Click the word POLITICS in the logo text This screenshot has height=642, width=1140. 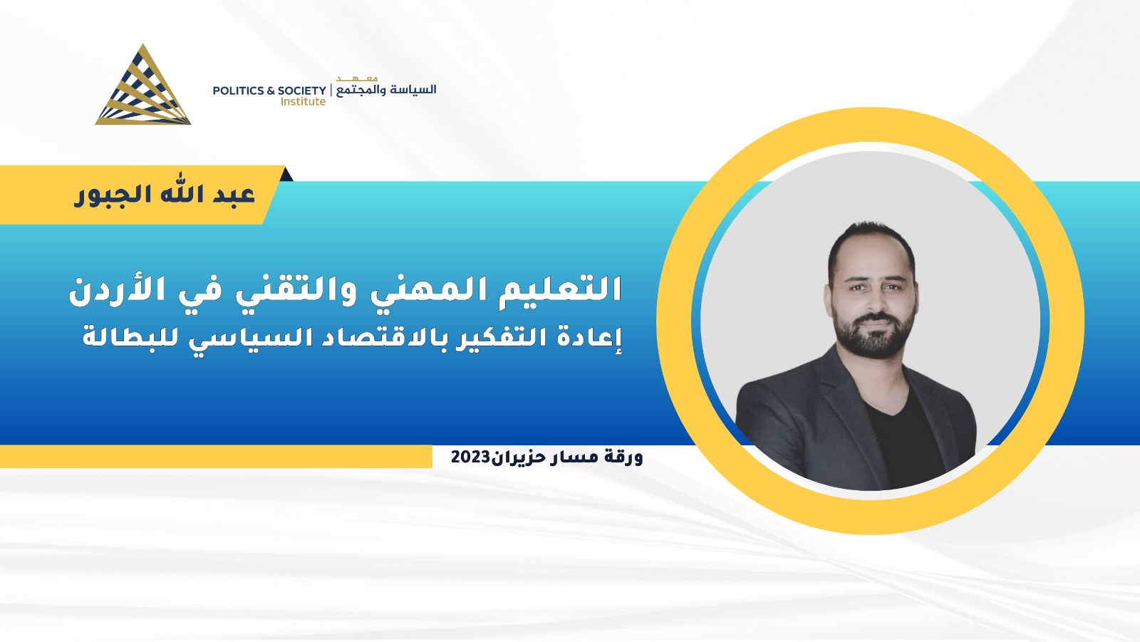pyautogui.click(x=238, y=90)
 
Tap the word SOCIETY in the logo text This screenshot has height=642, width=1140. pyautogui.click(x=302, y=90)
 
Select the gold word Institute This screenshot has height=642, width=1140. pyautogui.click(x=303, y=102)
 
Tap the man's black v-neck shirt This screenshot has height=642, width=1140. pyautogui.click(x=903, y=438)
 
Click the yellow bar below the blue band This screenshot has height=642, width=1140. pyautogui.click(x=216, y=457)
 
